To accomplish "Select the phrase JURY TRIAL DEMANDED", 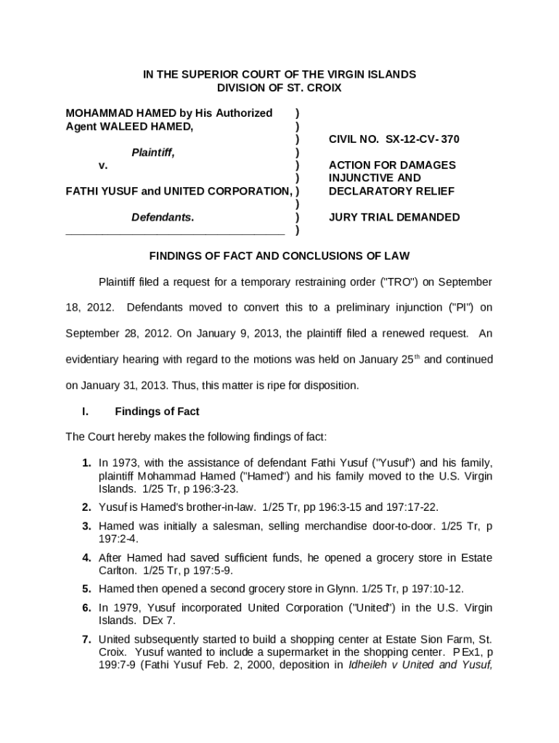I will (394, 217).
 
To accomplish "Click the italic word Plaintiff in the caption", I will (152, 152).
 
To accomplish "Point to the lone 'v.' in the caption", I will (103, 165).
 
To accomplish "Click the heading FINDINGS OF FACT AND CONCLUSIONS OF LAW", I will (279, 255).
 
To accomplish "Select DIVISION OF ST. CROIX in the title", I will (279, 88).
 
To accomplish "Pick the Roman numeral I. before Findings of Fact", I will (85, 411).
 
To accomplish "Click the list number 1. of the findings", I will (86, 463).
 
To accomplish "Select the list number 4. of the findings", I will (86, 558).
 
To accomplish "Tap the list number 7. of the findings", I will (86, 639).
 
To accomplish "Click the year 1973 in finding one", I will (122, 463).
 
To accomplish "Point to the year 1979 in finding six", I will (122, 608).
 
